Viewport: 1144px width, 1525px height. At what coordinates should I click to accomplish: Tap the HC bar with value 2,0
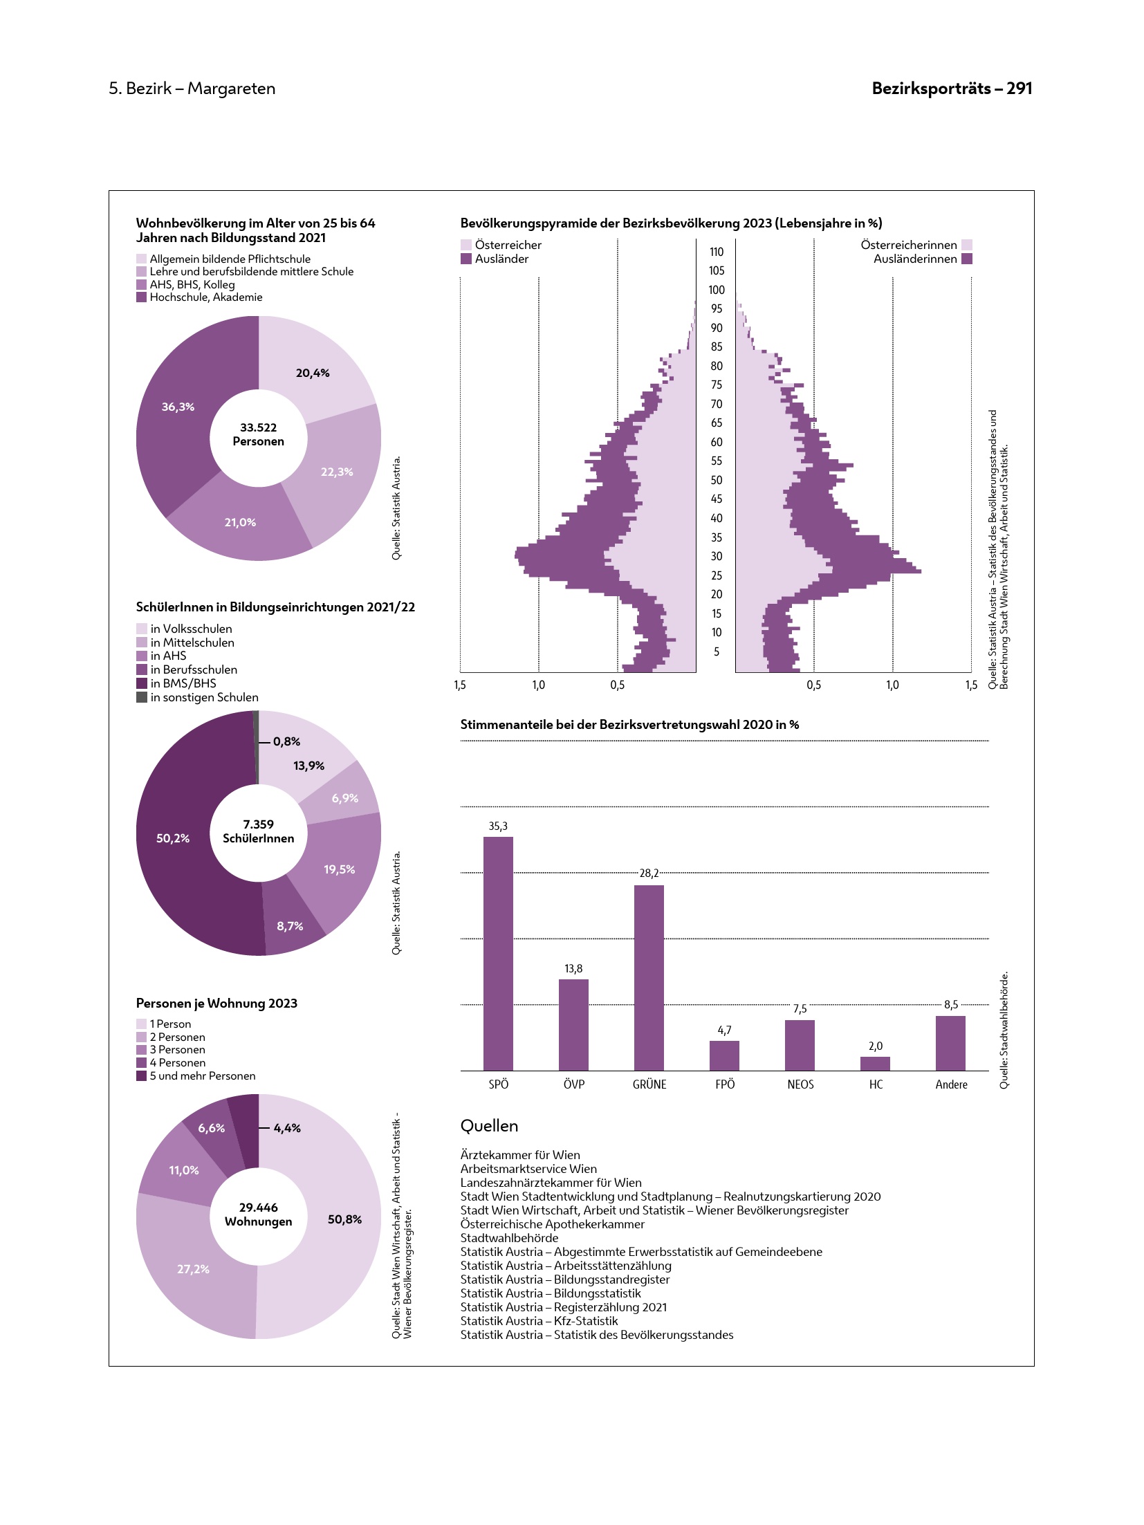point(875,1063)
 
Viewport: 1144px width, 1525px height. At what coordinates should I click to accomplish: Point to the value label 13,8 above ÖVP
point(573,969)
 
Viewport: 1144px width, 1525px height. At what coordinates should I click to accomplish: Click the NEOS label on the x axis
point(800,1084)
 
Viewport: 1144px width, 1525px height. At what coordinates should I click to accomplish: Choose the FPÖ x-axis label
point(725,1084)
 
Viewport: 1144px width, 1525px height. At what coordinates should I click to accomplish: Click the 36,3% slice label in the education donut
point(178,407)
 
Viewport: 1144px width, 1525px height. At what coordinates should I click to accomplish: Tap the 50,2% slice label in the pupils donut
point(173,838)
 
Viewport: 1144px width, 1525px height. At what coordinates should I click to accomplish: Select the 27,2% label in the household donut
point(193,1269)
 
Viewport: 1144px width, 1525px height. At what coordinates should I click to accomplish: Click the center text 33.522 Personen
point(258,434)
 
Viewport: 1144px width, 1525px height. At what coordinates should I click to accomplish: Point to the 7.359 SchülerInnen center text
point(258,831)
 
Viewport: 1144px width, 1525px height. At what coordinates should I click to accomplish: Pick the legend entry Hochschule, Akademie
point(205,297)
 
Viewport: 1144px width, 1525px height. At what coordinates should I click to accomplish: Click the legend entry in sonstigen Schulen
point(204,697)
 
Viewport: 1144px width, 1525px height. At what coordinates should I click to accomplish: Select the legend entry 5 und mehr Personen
point(202,1076)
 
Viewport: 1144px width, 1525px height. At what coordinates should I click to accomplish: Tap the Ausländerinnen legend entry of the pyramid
point(915,259)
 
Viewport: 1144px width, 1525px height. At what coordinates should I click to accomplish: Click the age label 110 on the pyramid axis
point(717,252)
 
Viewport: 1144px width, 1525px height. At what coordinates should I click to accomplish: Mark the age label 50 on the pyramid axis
point(717,480)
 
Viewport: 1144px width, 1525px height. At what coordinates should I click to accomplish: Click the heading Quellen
point(489,1126)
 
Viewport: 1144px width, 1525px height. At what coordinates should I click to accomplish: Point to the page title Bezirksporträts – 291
point(952,89)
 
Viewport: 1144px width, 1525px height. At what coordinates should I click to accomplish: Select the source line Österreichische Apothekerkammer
point(552,1224)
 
